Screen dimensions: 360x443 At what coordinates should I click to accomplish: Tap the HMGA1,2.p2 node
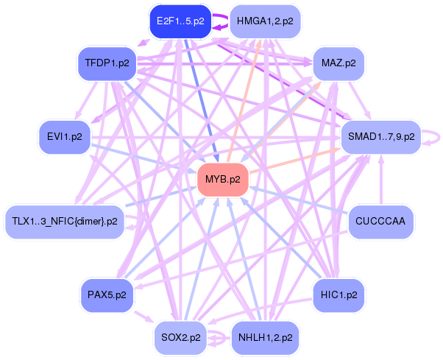point(266,22)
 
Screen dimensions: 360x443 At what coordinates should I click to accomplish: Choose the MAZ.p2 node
point(339,64)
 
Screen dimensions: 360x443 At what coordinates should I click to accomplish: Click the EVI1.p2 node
point(65,137)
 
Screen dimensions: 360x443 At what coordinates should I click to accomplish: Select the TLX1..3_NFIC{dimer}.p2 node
point(65,221)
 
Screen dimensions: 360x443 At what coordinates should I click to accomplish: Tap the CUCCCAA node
point(380,221)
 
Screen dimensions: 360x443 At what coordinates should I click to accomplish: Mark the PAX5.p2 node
point(107,294)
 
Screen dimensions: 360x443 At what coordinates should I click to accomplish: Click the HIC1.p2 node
point(339,294)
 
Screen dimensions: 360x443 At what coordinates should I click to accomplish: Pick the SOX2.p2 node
point(180,338)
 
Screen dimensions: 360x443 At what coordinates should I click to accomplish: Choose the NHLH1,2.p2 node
point(266,338)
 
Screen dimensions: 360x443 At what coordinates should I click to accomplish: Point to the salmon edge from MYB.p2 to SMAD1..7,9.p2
point(294,160)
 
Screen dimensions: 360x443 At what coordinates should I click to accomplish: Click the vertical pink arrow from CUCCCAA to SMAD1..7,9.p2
point(380,184)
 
